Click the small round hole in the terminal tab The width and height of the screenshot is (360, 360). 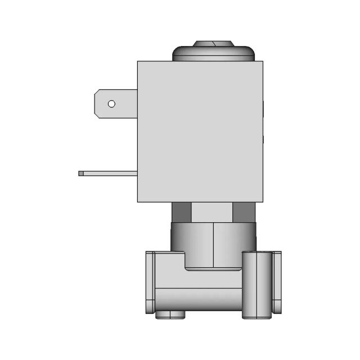(x=111, y=103)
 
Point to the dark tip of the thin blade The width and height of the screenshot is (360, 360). (x=80, y=173)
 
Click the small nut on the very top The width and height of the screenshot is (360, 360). (x=213, y=43)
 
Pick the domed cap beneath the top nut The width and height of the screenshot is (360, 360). (x=213, y=54)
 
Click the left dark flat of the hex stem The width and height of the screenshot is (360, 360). (x=181, y=212)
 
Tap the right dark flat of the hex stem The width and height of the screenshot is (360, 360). (x=244, y=212)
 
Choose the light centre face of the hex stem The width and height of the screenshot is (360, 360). (x=212, y=212)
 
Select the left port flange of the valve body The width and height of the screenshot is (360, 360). (x=150, y=282)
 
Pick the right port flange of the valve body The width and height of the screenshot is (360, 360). (x=277, y=282)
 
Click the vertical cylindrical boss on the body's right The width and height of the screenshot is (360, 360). (x=256, y=284)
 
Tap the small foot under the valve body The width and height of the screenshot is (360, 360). (x=170, y=315)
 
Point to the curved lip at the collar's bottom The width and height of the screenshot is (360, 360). (x=214, y=268)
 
